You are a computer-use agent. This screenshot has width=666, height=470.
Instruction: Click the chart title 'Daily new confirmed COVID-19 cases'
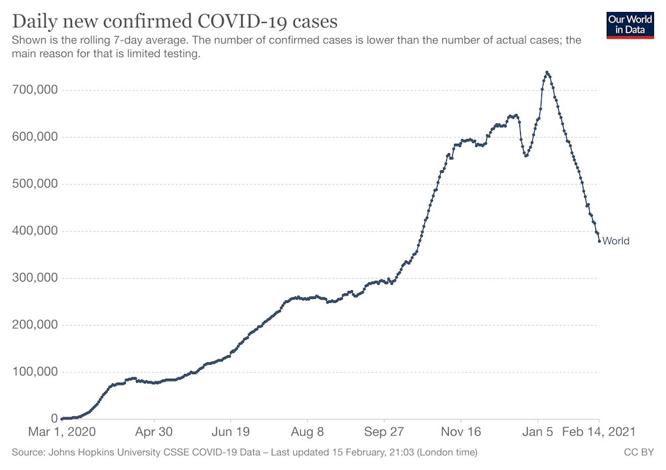click(x=174, y=21)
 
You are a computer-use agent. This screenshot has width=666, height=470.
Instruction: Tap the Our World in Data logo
click(x=629, y=25)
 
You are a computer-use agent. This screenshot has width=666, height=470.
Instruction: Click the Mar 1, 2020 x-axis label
click(x=61, y=431)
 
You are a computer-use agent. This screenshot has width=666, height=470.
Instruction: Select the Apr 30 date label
click(x=154, y=431)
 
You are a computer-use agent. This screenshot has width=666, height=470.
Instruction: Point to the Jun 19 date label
click(x=230, y=431)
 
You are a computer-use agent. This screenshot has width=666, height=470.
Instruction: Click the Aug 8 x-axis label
click(x=308, y=431)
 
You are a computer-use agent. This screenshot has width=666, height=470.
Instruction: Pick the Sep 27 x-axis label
click(x=384, y=431)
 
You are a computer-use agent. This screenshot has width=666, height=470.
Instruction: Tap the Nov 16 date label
click(x=462, y=431)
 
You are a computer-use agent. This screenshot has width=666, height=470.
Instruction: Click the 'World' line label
click(x=615, y=241)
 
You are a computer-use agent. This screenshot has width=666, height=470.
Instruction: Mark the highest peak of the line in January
click(x=547, y=73)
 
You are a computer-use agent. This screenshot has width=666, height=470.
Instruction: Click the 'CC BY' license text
click(x=638, y=453)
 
